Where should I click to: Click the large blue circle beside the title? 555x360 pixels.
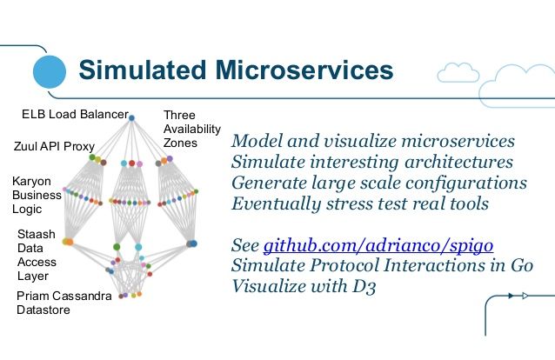pyautogui.click(x=50, y=71)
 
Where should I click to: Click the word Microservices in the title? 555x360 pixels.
pyautogui.click(x=304, y=70)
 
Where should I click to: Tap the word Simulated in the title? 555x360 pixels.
pyautogui.click(x=143, y=70)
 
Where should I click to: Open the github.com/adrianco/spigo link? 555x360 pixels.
pyautogui.click(x=378, y=245)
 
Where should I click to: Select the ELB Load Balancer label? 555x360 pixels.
pyautogui.click(x=75, y=114)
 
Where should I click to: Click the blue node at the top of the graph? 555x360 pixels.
pyautogui.click(x=131, y=118)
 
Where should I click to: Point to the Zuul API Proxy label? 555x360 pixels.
pyautogui.click(x=54, y=146)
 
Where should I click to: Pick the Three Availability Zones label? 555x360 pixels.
pyautogui.click(x=192, y=129)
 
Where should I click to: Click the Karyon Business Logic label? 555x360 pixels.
pyautogui.click(x=37, y=195)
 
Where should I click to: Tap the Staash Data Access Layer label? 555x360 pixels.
pyautogui.click(x=37, y=255)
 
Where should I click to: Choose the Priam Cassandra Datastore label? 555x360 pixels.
pyautogui.click(x=64, y=303)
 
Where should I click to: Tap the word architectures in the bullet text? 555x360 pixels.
pyautogui.click(x=458, y=162)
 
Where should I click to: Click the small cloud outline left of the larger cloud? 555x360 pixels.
pyautogui.click(x=458, y=72)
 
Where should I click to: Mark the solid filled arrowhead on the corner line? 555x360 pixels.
pyautogui.click(x=511, y=296)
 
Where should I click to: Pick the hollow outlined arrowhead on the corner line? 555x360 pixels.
pyautogui.click(x=525, y=296)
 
